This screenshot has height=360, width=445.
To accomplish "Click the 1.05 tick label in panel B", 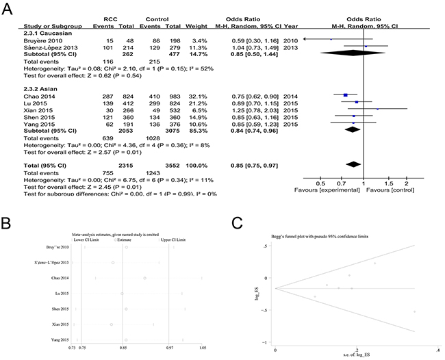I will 202,348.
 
